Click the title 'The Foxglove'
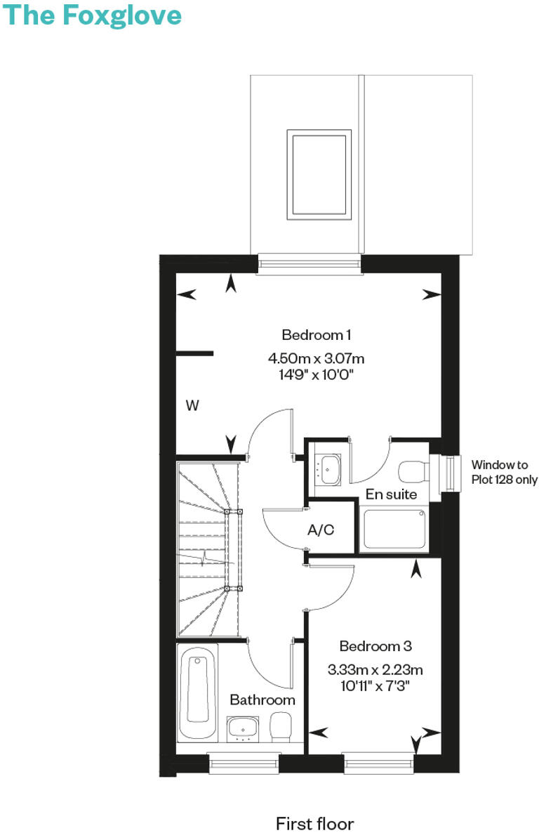[93, 15]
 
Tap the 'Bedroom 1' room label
[316, 334]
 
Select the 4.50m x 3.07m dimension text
[316, 359]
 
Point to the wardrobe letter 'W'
[192, 405]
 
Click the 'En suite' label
[391, 494]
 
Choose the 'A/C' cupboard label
[321, 530]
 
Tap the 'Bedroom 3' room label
[375, 646]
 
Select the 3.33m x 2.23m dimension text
[375, 669]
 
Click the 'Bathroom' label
[262, 700]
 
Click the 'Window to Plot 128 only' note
[504, 472]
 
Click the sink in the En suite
[328, 466]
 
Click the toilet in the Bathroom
[281, 726]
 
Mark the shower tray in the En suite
[393, 530]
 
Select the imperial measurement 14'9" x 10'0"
[316, 374]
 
